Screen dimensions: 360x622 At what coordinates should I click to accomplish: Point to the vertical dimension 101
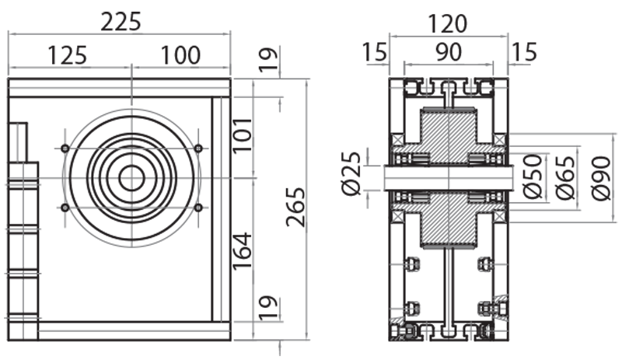point(244,135)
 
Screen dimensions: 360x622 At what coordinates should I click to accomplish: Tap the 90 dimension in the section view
point(449,53)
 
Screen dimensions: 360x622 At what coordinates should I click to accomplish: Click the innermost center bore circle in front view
point(131,178)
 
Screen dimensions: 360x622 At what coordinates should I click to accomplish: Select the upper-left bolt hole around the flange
point(65,149)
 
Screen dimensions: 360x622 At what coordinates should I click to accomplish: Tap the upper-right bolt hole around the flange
point(198,149)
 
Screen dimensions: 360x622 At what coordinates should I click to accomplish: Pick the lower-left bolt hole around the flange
point(65,208)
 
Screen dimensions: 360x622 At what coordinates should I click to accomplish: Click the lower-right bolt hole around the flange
point(198,208)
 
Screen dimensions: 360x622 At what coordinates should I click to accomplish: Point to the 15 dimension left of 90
point(374,53)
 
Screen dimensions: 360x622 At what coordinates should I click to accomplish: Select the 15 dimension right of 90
point(524,53)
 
